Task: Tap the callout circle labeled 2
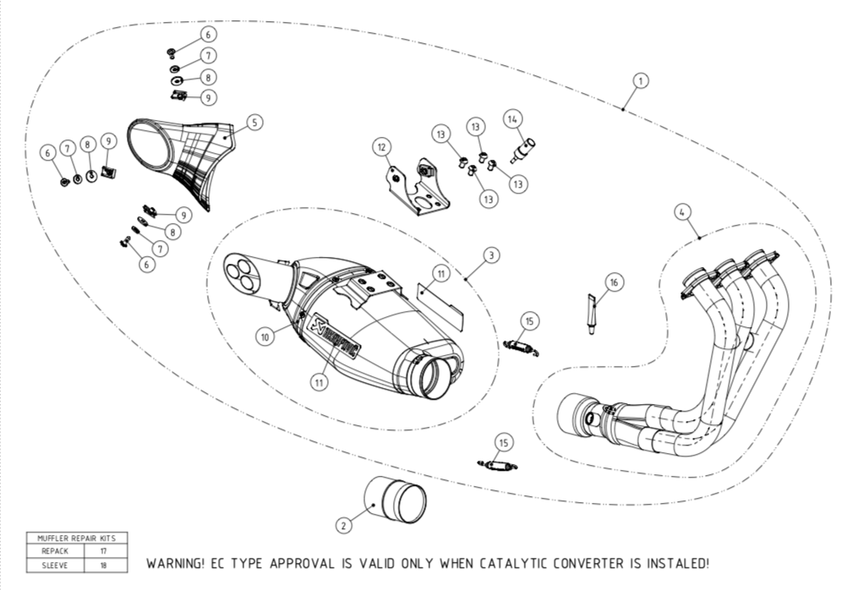click(x=343, y=525)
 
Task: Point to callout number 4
click(x=681, y=213)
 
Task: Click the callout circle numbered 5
click(x=253, y=123)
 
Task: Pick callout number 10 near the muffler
click(x=265, y=336)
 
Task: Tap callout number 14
click(x=512, y=120)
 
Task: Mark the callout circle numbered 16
click(x=614, y=281)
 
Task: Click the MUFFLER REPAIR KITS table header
click(x=77, y=538)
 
